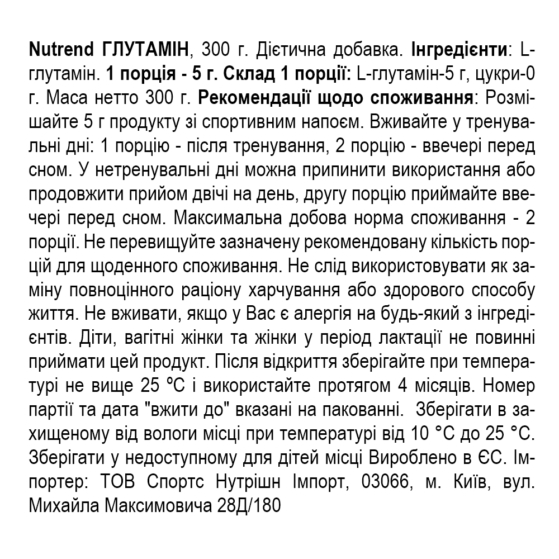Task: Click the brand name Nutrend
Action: tap(61, 50)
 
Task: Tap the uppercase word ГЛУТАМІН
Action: tap(147, 50)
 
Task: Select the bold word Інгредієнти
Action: tap(459, 50)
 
